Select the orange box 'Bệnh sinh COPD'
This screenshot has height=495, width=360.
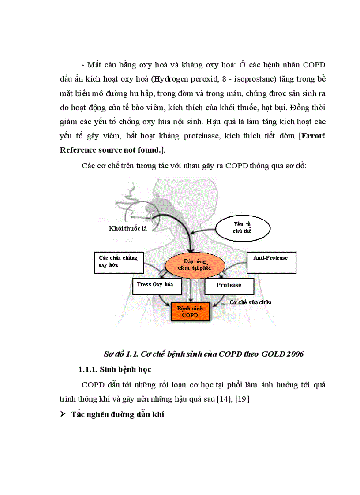coord(190,312)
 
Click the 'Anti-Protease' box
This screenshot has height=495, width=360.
coord(271,262)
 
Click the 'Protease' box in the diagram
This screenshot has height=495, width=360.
coord(229,286)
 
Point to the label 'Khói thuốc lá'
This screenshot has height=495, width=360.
coord(128,228)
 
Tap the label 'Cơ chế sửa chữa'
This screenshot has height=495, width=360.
coord(251,302)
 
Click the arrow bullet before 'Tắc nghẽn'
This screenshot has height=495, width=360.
coord(63,414)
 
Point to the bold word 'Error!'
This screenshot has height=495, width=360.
coord(313,136)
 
